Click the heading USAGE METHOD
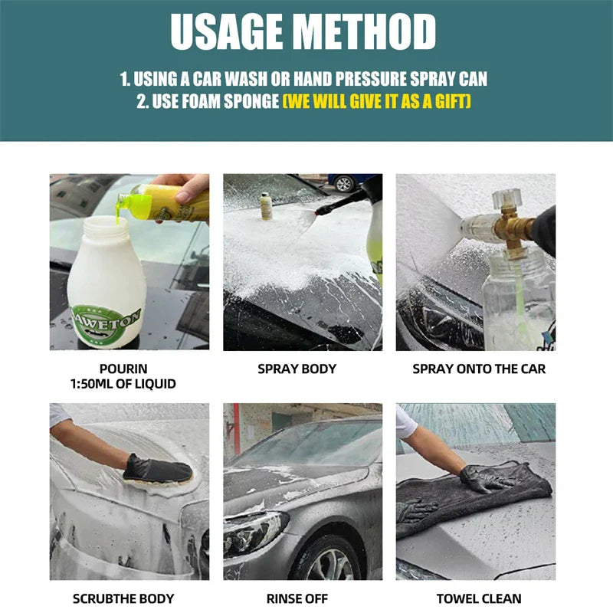coord(303,31)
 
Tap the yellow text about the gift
coord(376,101)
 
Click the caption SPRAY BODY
coord(297,369)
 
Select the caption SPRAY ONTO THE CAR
coord(479,369)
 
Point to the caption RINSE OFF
coord(297,598)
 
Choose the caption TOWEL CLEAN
coord(479,598)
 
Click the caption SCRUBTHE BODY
coord(123,598)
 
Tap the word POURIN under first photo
coord(123,369)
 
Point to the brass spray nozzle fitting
coord(515,228)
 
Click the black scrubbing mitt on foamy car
coord(157,469)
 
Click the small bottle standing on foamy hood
coord(266,205)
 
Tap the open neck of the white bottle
coord(104,224)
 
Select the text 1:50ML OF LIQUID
coord(123,384)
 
